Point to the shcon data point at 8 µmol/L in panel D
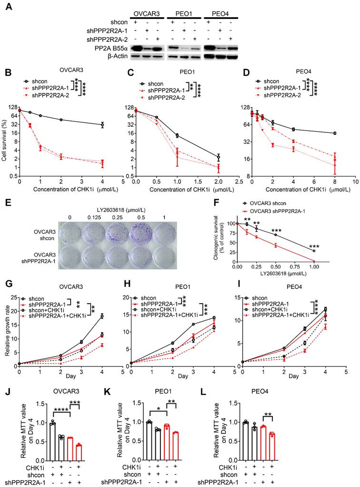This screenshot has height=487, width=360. pos(335,133)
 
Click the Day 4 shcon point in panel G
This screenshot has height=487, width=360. pos(102,316)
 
